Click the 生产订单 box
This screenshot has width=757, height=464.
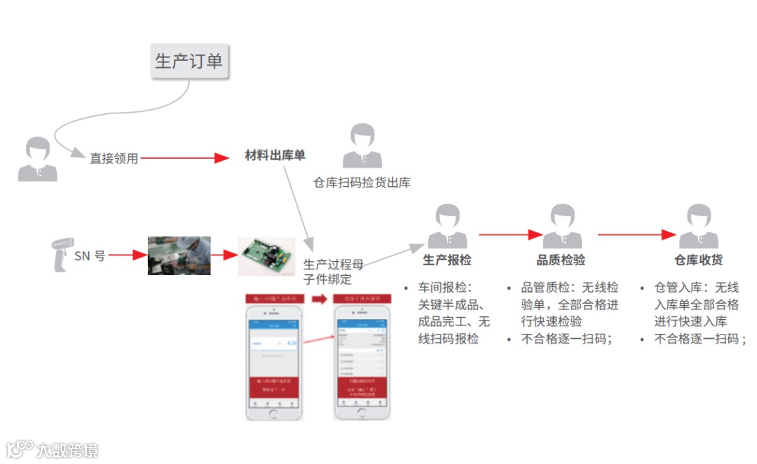coord(189,61)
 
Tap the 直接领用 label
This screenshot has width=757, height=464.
coord(114,159)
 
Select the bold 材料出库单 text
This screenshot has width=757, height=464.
coord(275,155)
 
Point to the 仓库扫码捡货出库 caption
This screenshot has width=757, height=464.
coord(362,183)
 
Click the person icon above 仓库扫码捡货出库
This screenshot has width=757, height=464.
coord(362,145)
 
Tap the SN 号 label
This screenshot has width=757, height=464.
coord(90,256)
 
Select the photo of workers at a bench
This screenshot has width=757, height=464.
coord(179,255)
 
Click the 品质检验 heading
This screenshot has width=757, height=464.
coord(561,260)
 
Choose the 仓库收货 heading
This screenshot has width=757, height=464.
coord(699,260)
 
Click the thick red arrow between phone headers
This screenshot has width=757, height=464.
coord(320,299)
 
